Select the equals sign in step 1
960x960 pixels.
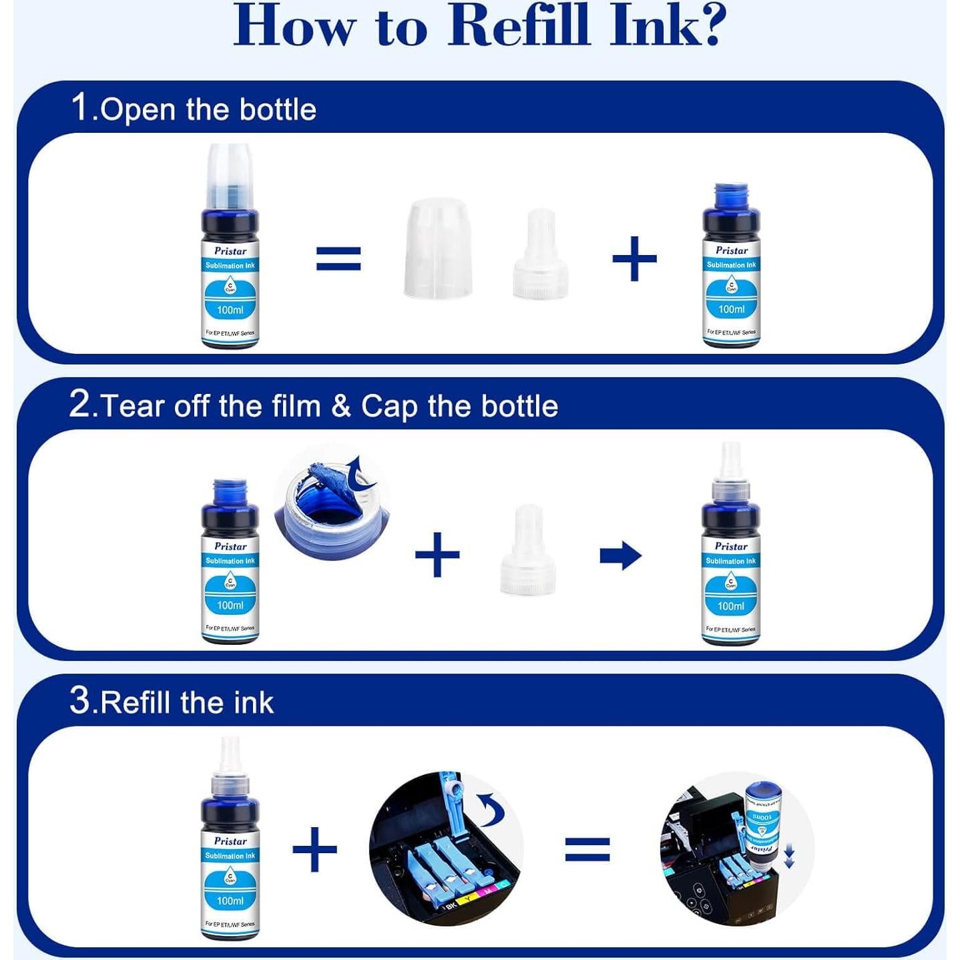coord(338,258)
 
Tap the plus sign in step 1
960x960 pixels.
coord(634,258)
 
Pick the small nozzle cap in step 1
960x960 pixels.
coord(540,255)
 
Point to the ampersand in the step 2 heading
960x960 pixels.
coord(340,406)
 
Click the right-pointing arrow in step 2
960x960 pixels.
coord(620,555)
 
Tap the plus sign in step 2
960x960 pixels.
coord(437,554)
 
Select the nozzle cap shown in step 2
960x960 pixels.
coord(529,551)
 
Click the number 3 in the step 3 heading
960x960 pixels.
coord(79,701)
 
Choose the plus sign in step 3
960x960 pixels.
coord(314,849)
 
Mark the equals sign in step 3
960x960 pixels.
coord(587,849)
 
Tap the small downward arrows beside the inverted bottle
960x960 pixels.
coord(789,856)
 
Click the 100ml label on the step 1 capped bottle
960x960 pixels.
coord(230,310)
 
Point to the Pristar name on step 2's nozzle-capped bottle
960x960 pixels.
coord(731,546)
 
